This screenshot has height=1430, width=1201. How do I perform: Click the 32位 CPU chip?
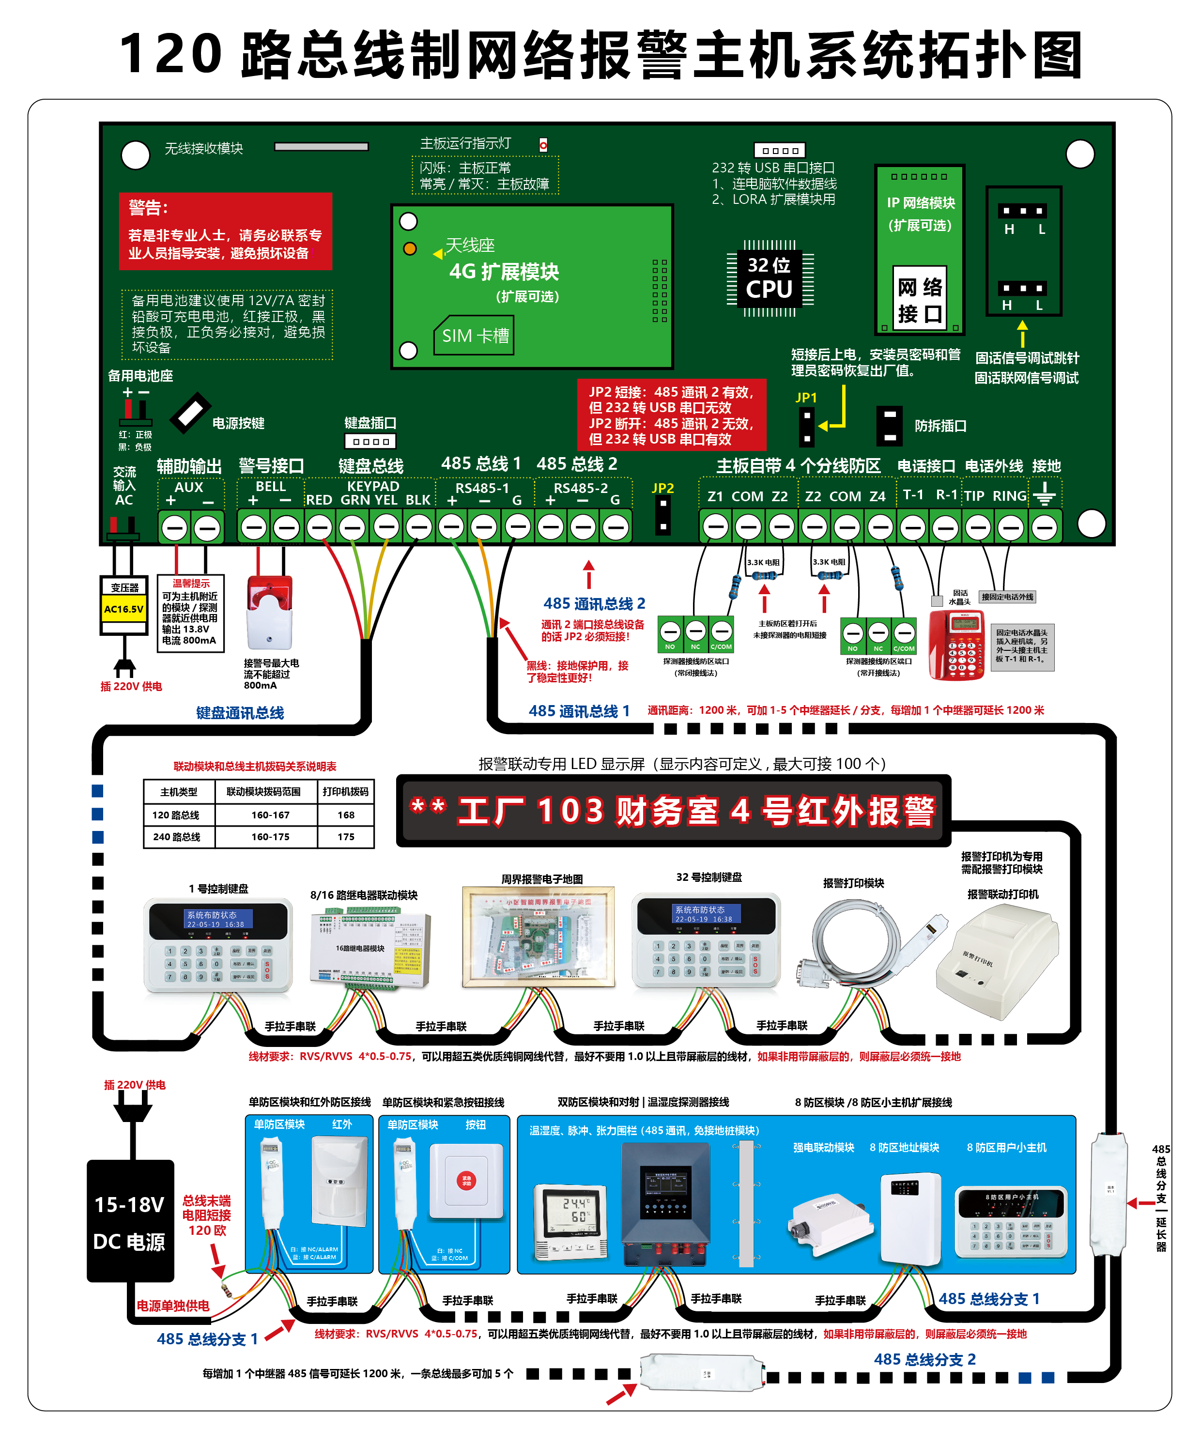point(770,278)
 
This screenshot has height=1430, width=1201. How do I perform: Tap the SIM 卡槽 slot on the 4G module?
point(475,336)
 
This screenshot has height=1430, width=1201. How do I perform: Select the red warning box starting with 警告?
point(225,231)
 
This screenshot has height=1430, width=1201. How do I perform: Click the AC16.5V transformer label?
point(123,609)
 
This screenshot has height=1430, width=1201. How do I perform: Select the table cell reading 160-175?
point(270,836)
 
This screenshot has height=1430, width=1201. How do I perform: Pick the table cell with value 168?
point(346,815)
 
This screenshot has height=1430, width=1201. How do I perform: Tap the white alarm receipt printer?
point(998,961)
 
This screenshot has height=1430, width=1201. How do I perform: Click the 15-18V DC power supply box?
point(129,1222)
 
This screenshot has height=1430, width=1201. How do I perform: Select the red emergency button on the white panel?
point(467,1180)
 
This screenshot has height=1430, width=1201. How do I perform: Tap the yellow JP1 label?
point(806,397)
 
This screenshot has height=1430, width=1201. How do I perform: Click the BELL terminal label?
point(270,486)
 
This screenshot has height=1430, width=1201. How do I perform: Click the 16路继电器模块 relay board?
point(370,949)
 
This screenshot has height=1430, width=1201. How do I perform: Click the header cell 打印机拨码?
point(346,791)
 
